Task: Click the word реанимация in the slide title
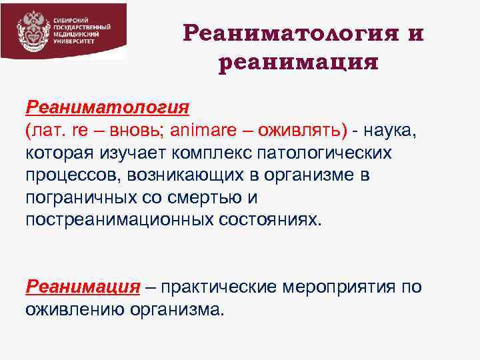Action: click(298, 63)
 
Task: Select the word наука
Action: click(390, 130)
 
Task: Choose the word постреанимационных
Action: click(114, 221)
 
